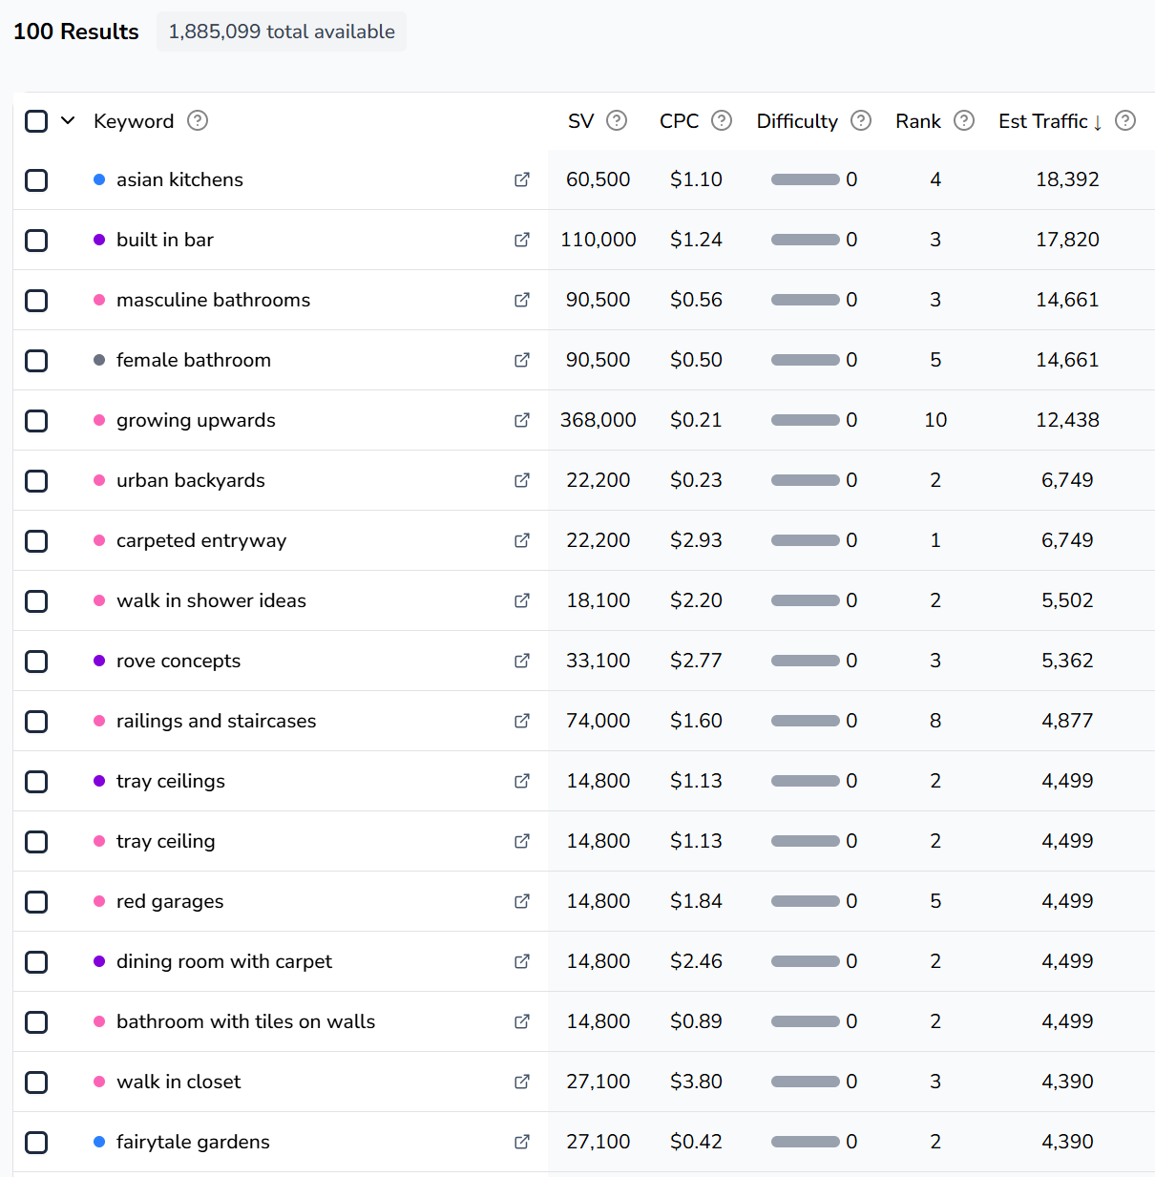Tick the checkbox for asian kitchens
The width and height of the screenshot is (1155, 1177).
36,180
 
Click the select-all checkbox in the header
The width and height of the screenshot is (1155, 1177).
36,121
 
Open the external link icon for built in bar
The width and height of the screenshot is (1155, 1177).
522,240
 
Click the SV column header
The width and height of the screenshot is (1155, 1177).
580,121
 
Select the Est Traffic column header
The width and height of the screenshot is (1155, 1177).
1043,121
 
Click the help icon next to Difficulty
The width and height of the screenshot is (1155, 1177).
861,120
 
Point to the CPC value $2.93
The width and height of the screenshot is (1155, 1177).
696,540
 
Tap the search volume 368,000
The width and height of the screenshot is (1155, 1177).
598,420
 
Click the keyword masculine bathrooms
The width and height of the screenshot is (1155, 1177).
213,300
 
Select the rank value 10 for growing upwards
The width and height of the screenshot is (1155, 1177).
935,420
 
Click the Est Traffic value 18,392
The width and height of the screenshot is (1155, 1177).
1067,179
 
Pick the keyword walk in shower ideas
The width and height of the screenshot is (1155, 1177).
211,600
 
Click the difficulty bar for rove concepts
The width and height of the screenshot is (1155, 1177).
805,661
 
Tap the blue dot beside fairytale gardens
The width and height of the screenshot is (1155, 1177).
99,1142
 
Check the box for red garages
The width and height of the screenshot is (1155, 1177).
36,902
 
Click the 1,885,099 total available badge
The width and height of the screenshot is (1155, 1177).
282,32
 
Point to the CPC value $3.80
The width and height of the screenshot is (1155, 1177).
696,1082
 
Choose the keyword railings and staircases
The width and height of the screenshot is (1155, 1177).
216,721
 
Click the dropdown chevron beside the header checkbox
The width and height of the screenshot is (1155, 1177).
68,120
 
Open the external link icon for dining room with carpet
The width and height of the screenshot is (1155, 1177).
522,961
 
